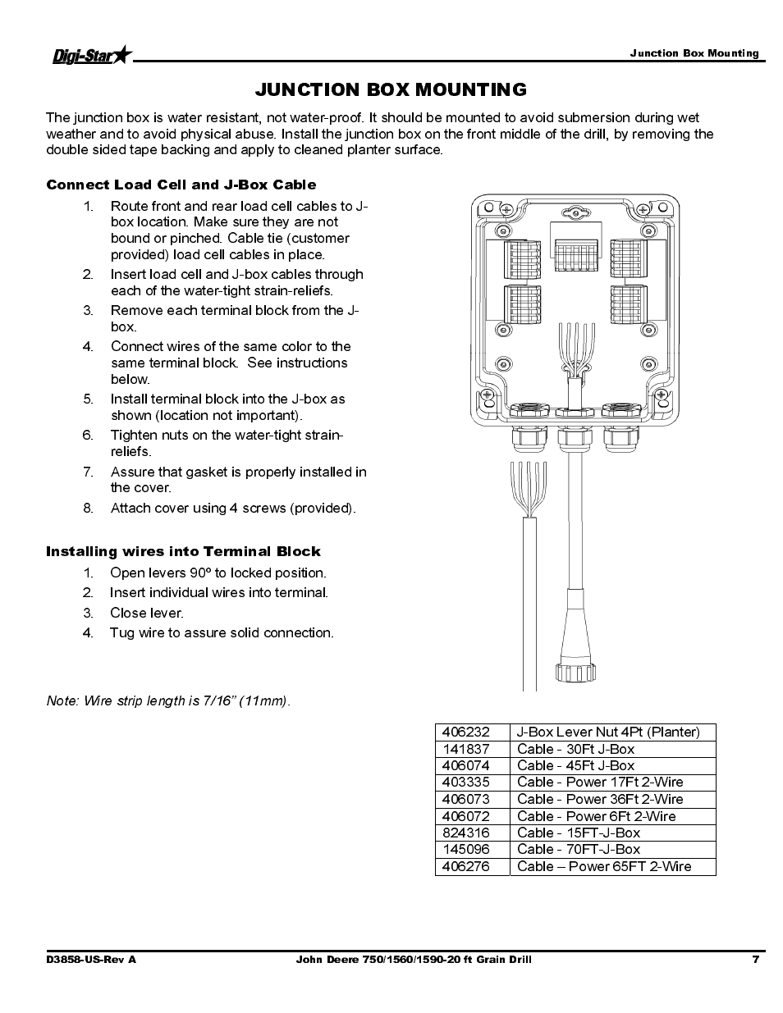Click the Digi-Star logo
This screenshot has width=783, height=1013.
(90, 56)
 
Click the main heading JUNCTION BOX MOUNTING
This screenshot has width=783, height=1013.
(391, 89)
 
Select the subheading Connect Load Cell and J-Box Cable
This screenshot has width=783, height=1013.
(181, 185)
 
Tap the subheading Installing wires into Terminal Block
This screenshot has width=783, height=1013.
(183, 551)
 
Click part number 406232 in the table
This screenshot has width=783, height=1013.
(465, 732)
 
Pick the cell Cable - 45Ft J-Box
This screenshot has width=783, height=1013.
(575, 765)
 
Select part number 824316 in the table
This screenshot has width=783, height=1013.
(465, 833)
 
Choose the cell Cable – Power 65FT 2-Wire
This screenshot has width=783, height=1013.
(604, 866)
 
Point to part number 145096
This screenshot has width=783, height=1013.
(465, 849)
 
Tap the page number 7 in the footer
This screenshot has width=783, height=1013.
(755, 959)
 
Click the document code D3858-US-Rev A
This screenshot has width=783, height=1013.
(91, 959)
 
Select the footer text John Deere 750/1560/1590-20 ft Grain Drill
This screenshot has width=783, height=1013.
(413, 959)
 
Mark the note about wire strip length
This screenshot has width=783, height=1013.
(168, 700)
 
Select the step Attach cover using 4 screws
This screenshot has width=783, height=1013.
(233, 508)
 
